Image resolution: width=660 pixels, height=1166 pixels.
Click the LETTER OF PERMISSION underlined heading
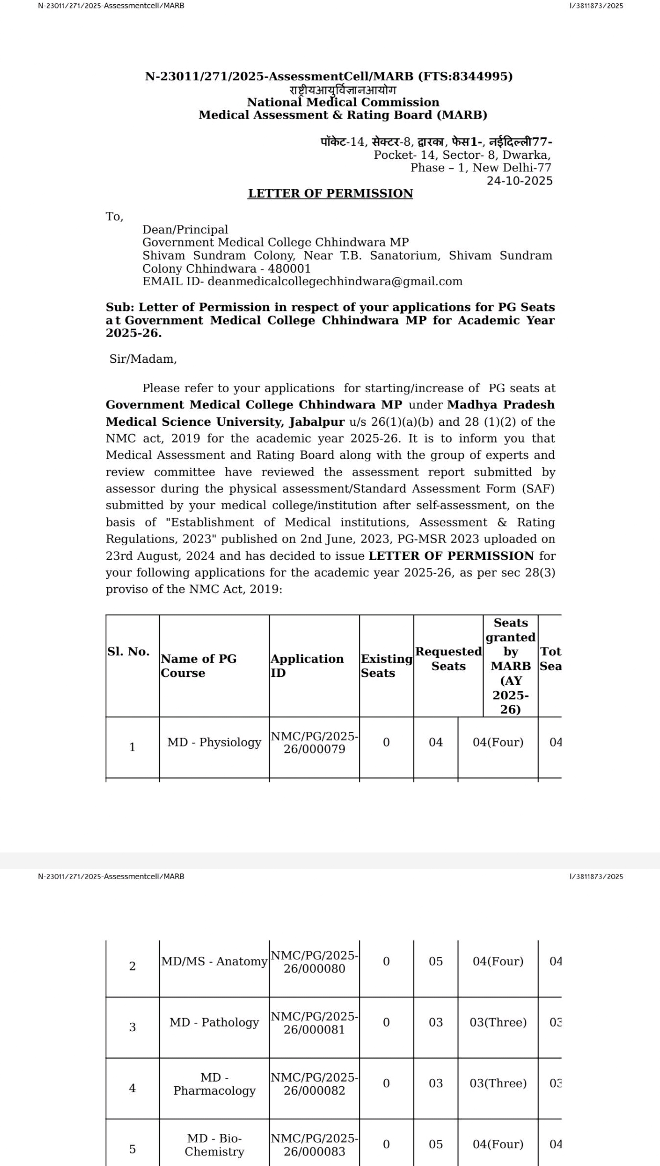click(x=330, y=193)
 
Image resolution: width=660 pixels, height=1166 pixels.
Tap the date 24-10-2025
click(x=519, y=181)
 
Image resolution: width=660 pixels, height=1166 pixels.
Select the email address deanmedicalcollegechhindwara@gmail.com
click(x=335, y=282)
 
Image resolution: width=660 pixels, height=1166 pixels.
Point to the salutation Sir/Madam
click(x=143, y=359)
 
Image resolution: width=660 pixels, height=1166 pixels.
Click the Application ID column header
click(x=307, y=666)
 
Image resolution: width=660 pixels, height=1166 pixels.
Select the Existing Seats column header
click(x=386, y=666)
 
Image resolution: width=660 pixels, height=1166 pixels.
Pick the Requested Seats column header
click(x=448, y=658)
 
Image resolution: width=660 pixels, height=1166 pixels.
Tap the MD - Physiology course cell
click(x=214, y=742)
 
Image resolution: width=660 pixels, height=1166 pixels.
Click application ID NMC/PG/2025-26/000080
click(x=314, y=962)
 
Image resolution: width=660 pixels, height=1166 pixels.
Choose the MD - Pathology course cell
click(x=214, y=1022)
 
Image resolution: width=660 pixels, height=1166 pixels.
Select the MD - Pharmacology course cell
click(x=214, y=1084)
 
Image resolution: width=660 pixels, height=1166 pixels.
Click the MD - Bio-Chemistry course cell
click(x=214, y=1145)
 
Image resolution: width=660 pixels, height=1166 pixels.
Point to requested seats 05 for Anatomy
click(x=436, y=962)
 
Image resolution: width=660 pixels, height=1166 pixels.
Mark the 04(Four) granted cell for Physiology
click(x=498, y=742)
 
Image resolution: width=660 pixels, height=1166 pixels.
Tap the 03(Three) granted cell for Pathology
click(x=498, y=1022)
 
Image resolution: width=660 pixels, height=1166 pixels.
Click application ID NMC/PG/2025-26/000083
click(x=314, y=1145)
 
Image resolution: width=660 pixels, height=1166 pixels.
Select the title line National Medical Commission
click(x=343, y=102)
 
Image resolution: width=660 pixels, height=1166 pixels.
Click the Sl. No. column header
click(x=128, y=652)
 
